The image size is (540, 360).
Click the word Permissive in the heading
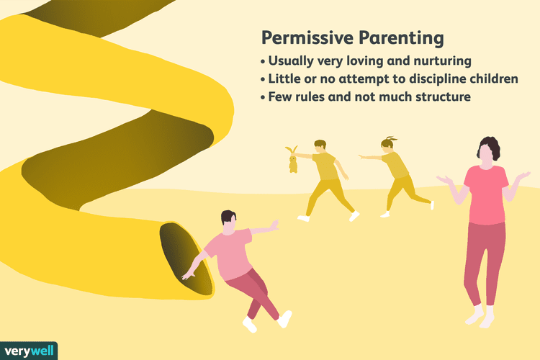coord(302,37)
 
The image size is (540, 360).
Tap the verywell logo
coord(29,346)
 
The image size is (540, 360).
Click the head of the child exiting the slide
coord(228,221)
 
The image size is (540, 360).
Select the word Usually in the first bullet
coord(289,60)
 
